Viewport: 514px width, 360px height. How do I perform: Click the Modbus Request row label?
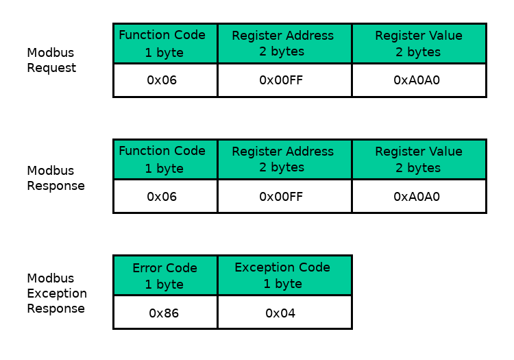[51, 60]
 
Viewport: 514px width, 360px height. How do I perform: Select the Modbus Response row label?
[56, 178]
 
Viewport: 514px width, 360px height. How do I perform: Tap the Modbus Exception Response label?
[57, 293]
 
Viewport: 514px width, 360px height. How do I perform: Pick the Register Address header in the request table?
[283, 43]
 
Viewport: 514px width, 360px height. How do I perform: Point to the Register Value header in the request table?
[419, 43]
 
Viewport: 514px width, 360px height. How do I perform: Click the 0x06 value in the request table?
[162, 80]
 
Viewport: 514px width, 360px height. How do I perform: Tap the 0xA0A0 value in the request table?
[417, 80]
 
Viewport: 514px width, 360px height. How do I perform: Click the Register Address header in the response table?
[283, 159]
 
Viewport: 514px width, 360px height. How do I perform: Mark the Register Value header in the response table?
[419, 159]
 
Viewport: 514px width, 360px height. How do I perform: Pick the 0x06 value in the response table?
[162, 197]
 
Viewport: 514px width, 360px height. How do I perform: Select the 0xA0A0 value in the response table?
[417, 197]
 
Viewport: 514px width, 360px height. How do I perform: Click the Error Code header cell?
[165, 276]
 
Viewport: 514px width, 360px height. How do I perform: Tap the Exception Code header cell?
[283, 276]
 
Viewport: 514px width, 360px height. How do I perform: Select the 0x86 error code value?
[164, 313]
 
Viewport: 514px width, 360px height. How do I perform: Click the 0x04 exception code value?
[280, 313]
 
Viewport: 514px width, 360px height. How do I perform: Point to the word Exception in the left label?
[57, 293]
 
